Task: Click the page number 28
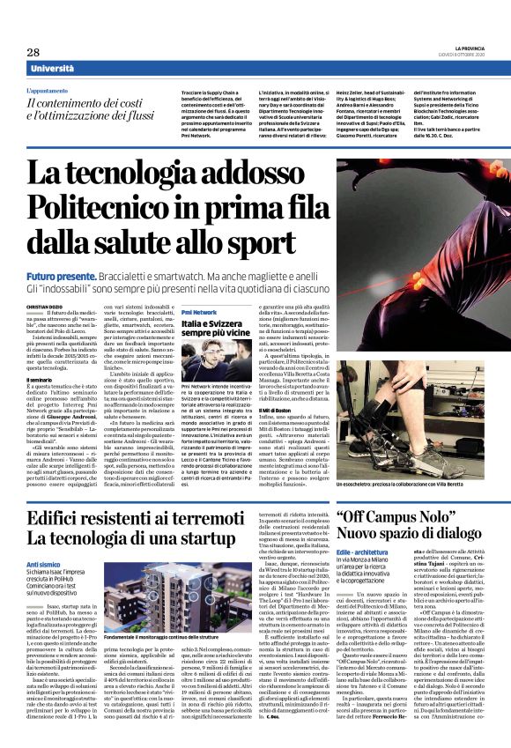click(34, 52)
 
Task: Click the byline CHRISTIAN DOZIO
click(45, 306)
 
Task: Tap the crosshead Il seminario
click(41, 379)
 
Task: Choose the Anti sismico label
click(43, 539)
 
